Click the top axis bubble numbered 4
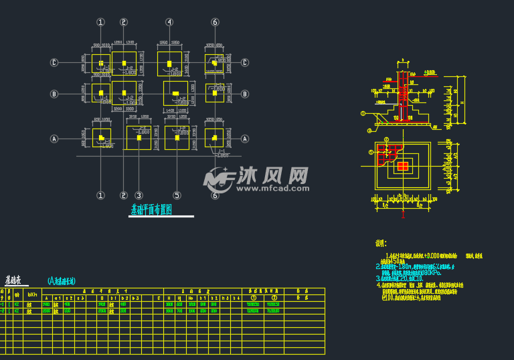pos(169,22)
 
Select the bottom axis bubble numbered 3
pos(139,195)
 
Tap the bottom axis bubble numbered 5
pos(177,195)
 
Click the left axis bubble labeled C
pos(55,63)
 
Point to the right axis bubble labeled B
pos(245,94)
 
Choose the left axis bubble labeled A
pos(55,139)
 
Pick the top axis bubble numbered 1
pos(101,22)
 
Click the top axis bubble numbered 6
pos(215,22)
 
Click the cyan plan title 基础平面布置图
pos(151,209)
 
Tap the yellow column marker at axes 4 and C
pos(169,64)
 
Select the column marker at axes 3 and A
pos(139,138)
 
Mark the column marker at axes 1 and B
pos(101,93)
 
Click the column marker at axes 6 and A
pos(214,138)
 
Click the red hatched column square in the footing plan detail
pos(403,166)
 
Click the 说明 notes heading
pos(381,244)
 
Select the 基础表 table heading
pos(13,281)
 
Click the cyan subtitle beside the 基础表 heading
pos(62,281)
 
